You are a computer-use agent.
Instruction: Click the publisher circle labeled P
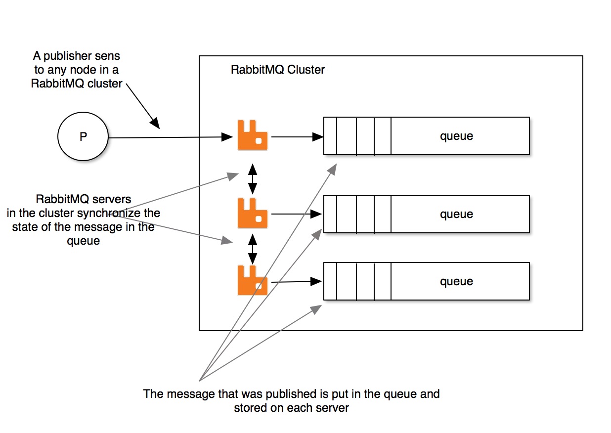(83, 137)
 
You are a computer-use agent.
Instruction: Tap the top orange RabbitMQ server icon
(252, 135)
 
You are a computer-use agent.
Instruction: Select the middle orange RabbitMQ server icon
(252, 214)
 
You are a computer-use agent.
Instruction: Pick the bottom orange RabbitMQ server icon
(252, 280)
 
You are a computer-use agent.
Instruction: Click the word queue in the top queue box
(456, 136)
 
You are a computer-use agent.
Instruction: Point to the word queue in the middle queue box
(456, 214)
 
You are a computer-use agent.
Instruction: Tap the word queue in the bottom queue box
(456, 281)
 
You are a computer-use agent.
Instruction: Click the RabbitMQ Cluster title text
(278, 70)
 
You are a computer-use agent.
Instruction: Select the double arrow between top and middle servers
(253, 178)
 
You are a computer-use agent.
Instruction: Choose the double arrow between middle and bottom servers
(253, 249)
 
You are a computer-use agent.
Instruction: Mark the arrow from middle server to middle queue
(296, 214)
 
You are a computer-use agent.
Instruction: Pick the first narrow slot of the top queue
(330, 136)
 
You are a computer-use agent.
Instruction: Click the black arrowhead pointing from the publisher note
(154, 123)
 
